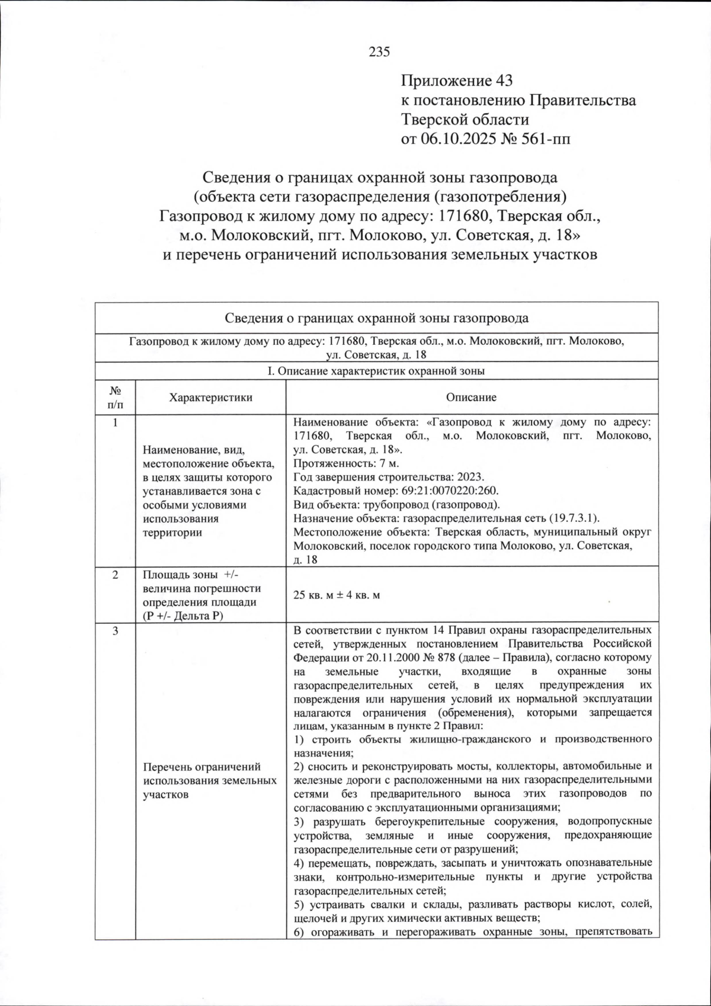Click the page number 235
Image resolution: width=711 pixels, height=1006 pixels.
(x=379, y=52)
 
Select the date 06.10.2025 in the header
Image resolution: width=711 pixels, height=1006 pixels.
(x=460, y=139)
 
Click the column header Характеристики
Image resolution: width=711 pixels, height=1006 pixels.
(x=210, y=397)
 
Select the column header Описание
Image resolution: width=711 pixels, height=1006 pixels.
(x=471, y=397)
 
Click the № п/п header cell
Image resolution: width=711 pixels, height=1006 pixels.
(x=115, y=397)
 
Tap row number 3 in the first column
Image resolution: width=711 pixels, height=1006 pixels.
(x=115, y=630)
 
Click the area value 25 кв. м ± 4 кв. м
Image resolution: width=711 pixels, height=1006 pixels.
(x=337, y=595)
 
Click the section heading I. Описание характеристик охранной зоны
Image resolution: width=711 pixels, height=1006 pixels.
(x=376, y=371)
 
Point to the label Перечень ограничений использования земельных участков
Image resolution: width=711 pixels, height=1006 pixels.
(x=210, y=781)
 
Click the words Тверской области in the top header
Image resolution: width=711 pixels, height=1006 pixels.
(x=465, y=120)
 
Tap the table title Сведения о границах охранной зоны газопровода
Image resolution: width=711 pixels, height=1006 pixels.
(x=376, y=318)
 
